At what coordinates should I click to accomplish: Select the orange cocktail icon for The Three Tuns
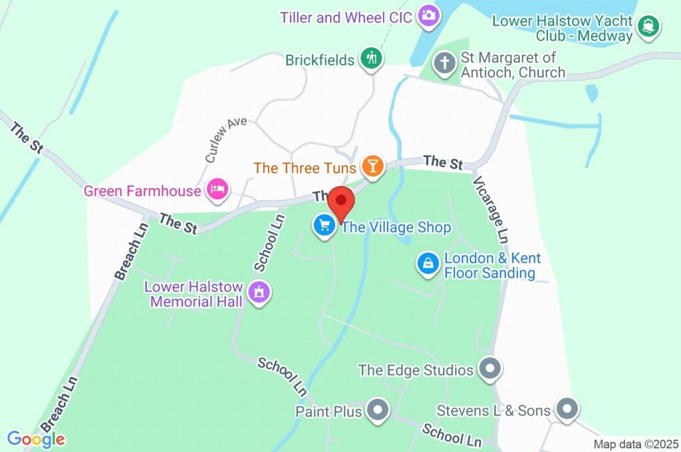[x=372, y=166]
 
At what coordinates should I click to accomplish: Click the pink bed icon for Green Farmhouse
[x=217, y=191]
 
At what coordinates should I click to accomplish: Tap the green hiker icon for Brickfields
[x=370, y=58]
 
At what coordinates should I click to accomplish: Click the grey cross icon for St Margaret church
[x=444, y=64]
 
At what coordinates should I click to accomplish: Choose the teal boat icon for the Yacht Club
[x=648, y=27]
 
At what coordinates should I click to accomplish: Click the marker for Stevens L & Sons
[x=567, y=409]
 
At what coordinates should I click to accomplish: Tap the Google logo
[x=36, y=439]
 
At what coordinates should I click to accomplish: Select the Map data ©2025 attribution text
[x=636, y=444]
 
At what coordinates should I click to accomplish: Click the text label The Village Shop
[x=396, y=228]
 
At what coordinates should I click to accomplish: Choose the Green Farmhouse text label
[x=142, y=191]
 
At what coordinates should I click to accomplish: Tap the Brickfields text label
[x=319, y=60]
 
